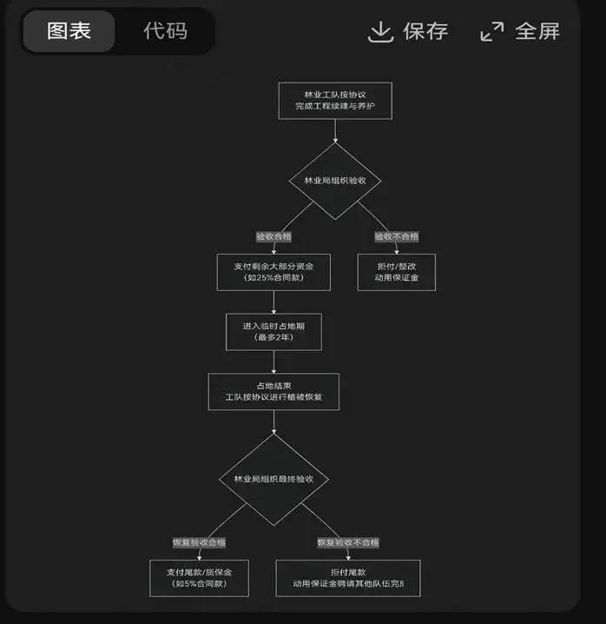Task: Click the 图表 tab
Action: pyautogui.click(x=69, y=31)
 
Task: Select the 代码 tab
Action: pyautogui.click(x=165, y=31)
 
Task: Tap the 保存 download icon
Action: pyautogui.click(x=381, y=32)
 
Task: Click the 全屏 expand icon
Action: pyautogui.click(x=492, y=32)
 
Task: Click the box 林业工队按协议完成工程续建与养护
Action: pyautogui.click(x=334, y=100)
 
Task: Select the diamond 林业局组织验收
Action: pyautogui.click(x=335, y=180)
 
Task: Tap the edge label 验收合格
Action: pyautogui.click(x=273, y=236)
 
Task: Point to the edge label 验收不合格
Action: pyautogui.click(x=396, y=236)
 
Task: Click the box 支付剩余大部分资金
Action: pyautogui.click(x=273, y=272)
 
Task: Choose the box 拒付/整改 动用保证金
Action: pyautogui.click(x=396, y=272)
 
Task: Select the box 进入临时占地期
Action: pyautogui.click(x=273, y=331)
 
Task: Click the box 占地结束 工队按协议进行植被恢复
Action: pyautogui.click(x=273, y=391)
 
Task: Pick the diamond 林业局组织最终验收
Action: pyautogui.click(x=273, y=479)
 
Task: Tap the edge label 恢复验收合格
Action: pyautogui.click(x=200, y=542)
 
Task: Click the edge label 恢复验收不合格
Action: pyautogui.click(x=347, y=542)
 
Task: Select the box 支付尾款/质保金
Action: pyautogui.click(x=200, y=577)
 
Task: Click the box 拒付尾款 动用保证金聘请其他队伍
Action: pyautogui.click(x=347, y=577)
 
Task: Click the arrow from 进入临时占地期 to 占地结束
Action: pyautogui.click(x=273, y=362)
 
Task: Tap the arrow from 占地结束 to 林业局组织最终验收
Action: pyautogui.click(x=273, y=422)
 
